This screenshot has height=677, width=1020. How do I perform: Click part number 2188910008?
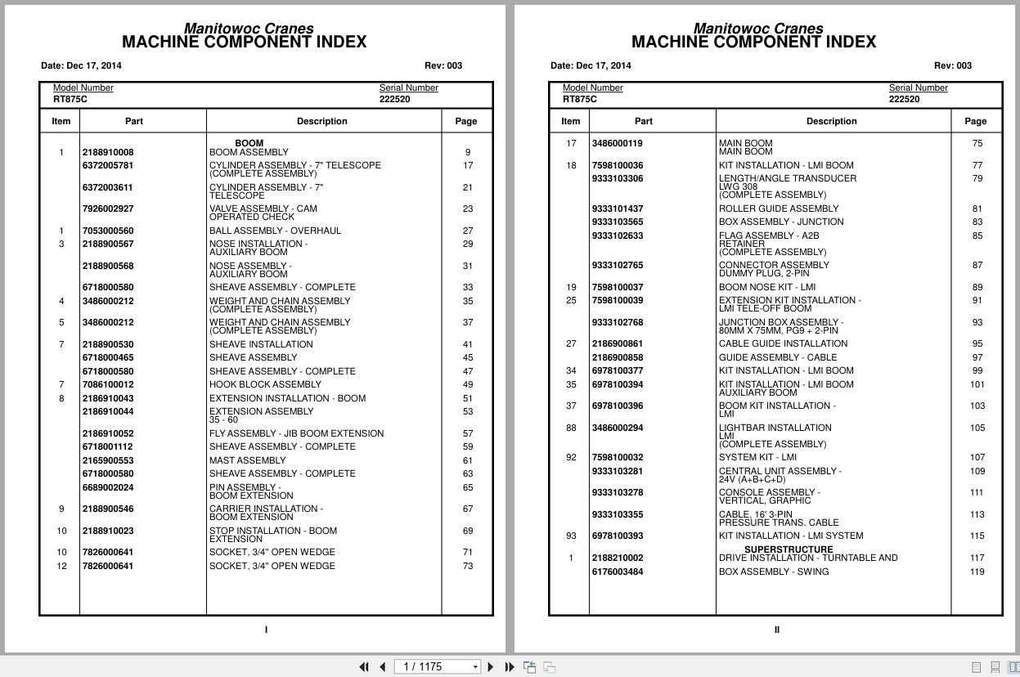coord(107,152)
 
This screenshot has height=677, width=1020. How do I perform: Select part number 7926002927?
coord(107,208)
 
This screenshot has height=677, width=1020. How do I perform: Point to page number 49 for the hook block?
coord(468,384)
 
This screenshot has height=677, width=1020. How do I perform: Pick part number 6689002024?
coord(107,487)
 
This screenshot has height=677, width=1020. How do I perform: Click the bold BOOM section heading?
coord(249,143)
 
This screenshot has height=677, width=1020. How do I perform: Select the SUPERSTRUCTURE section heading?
coord(789,549)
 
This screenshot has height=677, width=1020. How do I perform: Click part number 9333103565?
coord(618,222)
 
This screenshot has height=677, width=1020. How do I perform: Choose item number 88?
coord(571,428)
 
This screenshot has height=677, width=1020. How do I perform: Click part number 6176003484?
coord(618,572)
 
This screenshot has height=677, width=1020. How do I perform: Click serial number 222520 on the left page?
coord(394,99)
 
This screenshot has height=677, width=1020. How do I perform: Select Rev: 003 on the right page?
coord(952,65)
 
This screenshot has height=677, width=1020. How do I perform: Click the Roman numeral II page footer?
coord(776,630)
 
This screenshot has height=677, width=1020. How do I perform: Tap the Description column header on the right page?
coord(831,121)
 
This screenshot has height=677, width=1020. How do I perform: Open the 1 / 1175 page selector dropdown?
coord(475,667)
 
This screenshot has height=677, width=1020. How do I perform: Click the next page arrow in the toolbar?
coord(491,667)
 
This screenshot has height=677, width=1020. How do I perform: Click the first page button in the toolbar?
coord(364,667)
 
